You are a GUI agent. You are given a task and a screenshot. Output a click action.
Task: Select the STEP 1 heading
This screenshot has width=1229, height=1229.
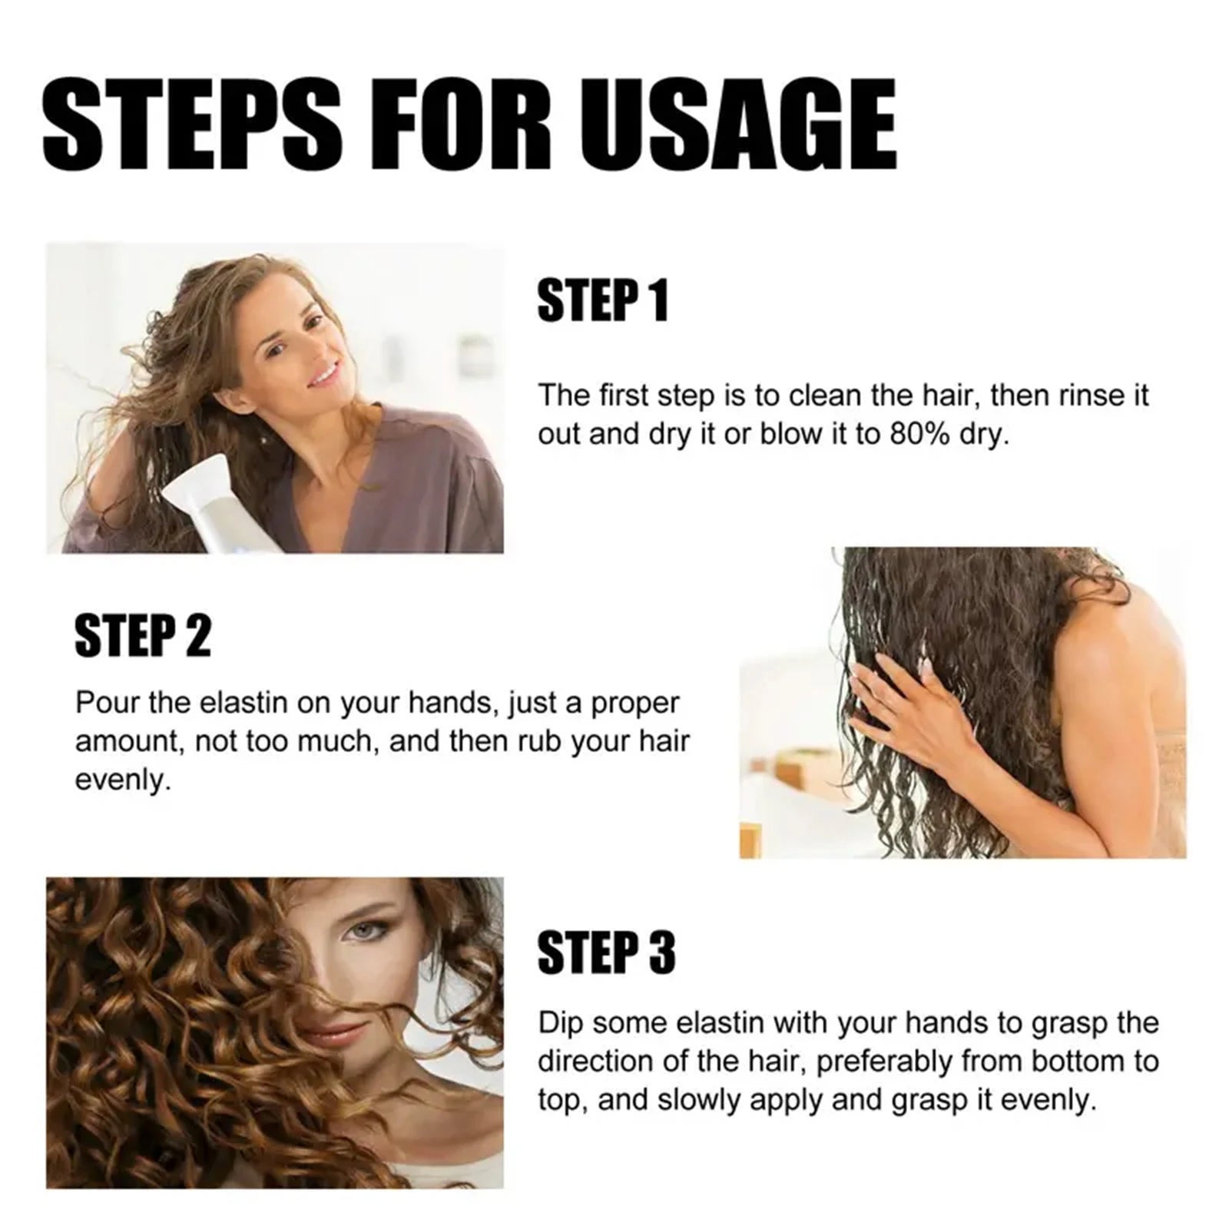coord(603,300)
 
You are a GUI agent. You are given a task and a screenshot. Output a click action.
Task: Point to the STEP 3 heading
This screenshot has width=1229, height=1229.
coord(606,952)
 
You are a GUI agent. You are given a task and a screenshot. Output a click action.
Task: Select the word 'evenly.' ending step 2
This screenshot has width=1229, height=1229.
coord(122,781)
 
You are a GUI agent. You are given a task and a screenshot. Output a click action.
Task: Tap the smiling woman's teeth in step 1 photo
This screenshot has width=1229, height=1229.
coord(324,376)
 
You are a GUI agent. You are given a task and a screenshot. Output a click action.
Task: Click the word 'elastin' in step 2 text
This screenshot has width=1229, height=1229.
coord(239,704)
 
